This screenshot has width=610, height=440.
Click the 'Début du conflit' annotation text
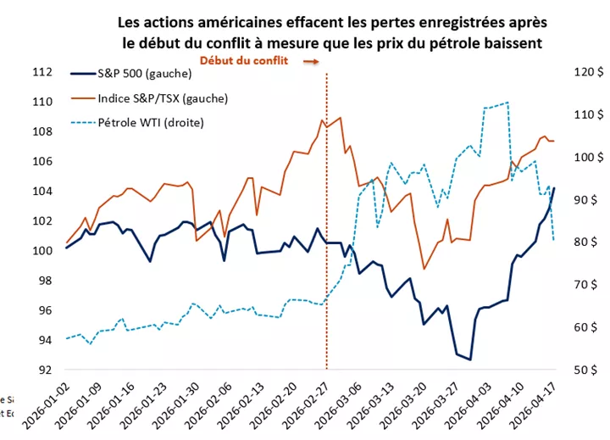[x=244, y=61]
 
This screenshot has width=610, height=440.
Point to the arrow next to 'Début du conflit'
[x=311, y=62]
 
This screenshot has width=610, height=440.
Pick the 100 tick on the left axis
[x=42, y=251]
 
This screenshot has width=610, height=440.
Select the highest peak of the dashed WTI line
[x=507, y=103]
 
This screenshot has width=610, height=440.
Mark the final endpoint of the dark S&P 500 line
[x=555, y=187]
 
